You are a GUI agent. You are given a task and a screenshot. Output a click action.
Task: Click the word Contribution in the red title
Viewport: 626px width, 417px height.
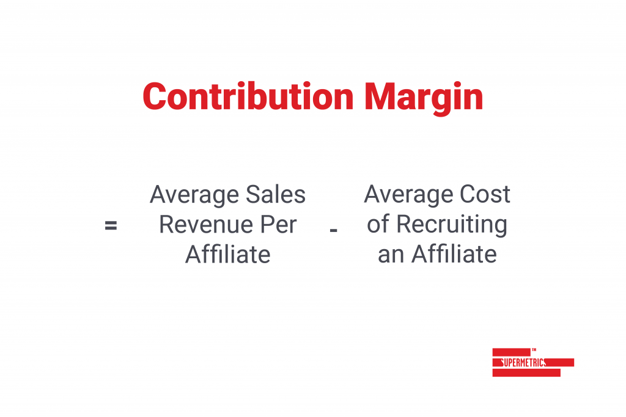tap(248, 96)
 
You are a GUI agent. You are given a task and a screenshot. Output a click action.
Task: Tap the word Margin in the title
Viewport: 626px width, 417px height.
tap(424, 98)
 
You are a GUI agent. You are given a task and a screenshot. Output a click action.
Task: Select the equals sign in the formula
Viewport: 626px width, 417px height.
tap(111, 226)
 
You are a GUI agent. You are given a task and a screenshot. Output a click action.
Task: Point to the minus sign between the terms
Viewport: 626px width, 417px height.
tap(334, 230)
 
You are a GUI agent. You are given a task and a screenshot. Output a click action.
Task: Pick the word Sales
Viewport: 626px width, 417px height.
tap(276, 195)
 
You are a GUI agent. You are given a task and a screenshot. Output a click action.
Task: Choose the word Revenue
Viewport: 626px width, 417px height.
tap(205, 225)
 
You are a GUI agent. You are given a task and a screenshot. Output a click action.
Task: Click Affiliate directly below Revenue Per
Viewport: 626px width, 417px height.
tap(228, 254)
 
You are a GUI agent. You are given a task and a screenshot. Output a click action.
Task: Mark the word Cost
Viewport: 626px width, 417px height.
tap(485, 194)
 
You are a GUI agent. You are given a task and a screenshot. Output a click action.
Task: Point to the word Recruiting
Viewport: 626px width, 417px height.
tap(452, 225)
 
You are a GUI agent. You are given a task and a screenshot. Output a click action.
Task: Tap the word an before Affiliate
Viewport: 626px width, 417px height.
tap(391, 256)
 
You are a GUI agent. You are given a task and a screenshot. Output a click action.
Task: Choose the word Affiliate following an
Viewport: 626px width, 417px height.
tap(454, 254)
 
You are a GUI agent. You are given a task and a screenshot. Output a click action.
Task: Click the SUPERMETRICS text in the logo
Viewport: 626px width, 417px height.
tap(523, 363)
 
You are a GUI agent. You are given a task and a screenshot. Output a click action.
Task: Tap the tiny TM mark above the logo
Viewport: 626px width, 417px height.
tap(534, 350)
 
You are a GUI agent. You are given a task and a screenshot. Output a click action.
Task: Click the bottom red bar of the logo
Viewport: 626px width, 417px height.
tap(526, 373)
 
